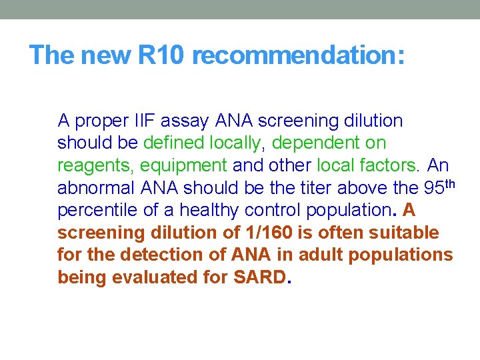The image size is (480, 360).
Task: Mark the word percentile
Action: coord(96,211)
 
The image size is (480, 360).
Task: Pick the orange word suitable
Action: coord(409,233)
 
